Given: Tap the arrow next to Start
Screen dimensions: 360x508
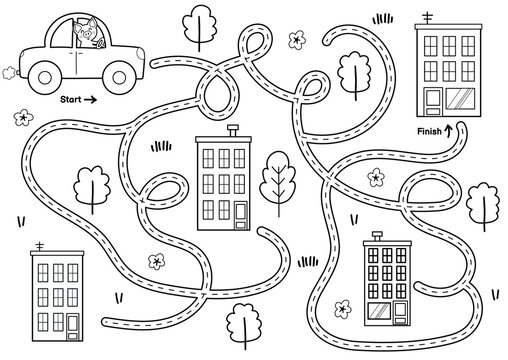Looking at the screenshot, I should [91, 100].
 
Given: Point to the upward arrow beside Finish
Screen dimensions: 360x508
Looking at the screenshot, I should [448, 128].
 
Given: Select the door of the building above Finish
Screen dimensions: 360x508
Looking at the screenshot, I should [433, 99].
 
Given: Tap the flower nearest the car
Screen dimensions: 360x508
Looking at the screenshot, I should [19, 118].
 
